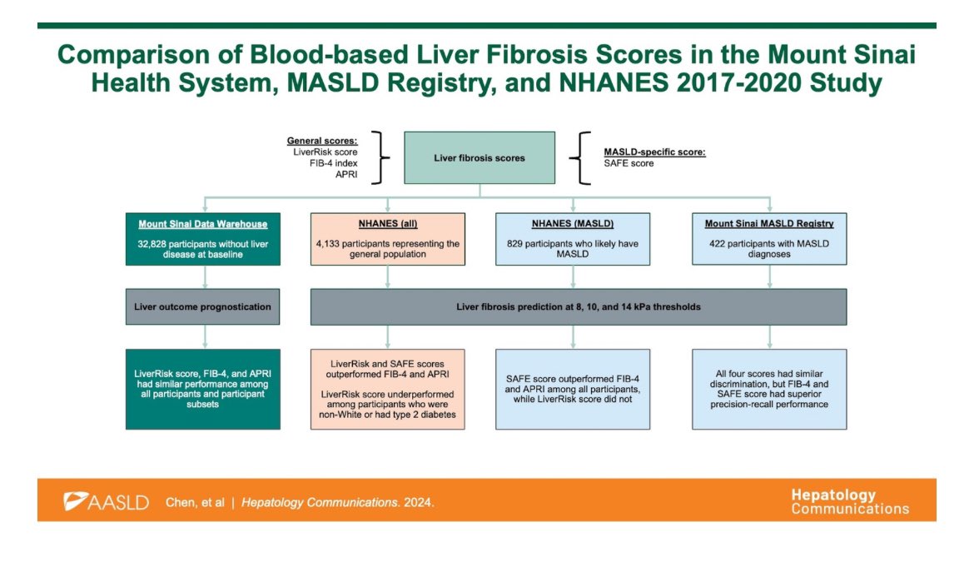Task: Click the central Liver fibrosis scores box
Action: [x=480, y=158]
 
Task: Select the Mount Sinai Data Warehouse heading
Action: [x=202, y=225]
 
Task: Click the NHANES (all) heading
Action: [x=387, y=225]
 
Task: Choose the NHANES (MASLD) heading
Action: [x=573, y=225]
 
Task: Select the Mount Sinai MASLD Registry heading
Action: [x=768, y=225]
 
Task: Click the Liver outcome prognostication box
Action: [x=202, y=306]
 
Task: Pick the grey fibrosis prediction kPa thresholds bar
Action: [x=579, y=306]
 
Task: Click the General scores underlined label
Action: [x=322, y=142]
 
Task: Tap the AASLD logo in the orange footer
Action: [x=107, y=502]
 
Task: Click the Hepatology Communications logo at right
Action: [x=850, y=501]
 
